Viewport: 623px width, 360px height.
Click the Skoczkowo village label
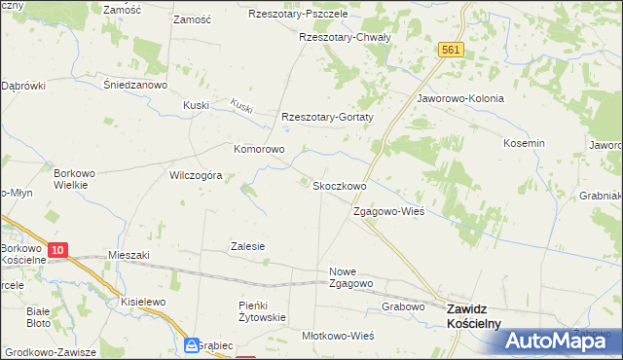point(339,186)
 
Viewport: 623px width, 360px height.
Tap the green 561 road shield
point(449,50)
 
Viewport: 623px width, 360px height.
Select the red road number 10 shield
point(57,250)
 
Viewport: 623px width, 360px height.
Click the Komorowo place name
point(258,150)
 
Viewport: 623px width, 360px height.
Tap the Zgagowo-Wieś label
point(388,211)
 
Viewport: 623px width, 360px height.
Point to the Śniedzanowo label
point(137,85)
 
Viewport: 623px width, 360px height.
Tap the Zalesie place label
point(247,246)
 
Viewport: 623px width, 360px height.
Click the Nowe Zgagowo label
point(352,277)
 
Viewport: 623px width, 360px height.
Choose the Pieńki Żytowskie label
point(261,311)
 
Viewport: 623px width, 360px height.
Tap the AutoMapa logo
point(561,340)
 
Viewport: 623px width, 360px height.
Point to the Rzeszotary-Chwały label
point(345,37)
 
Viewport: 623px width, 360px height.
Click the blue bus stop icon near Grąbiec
point(192,346)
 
